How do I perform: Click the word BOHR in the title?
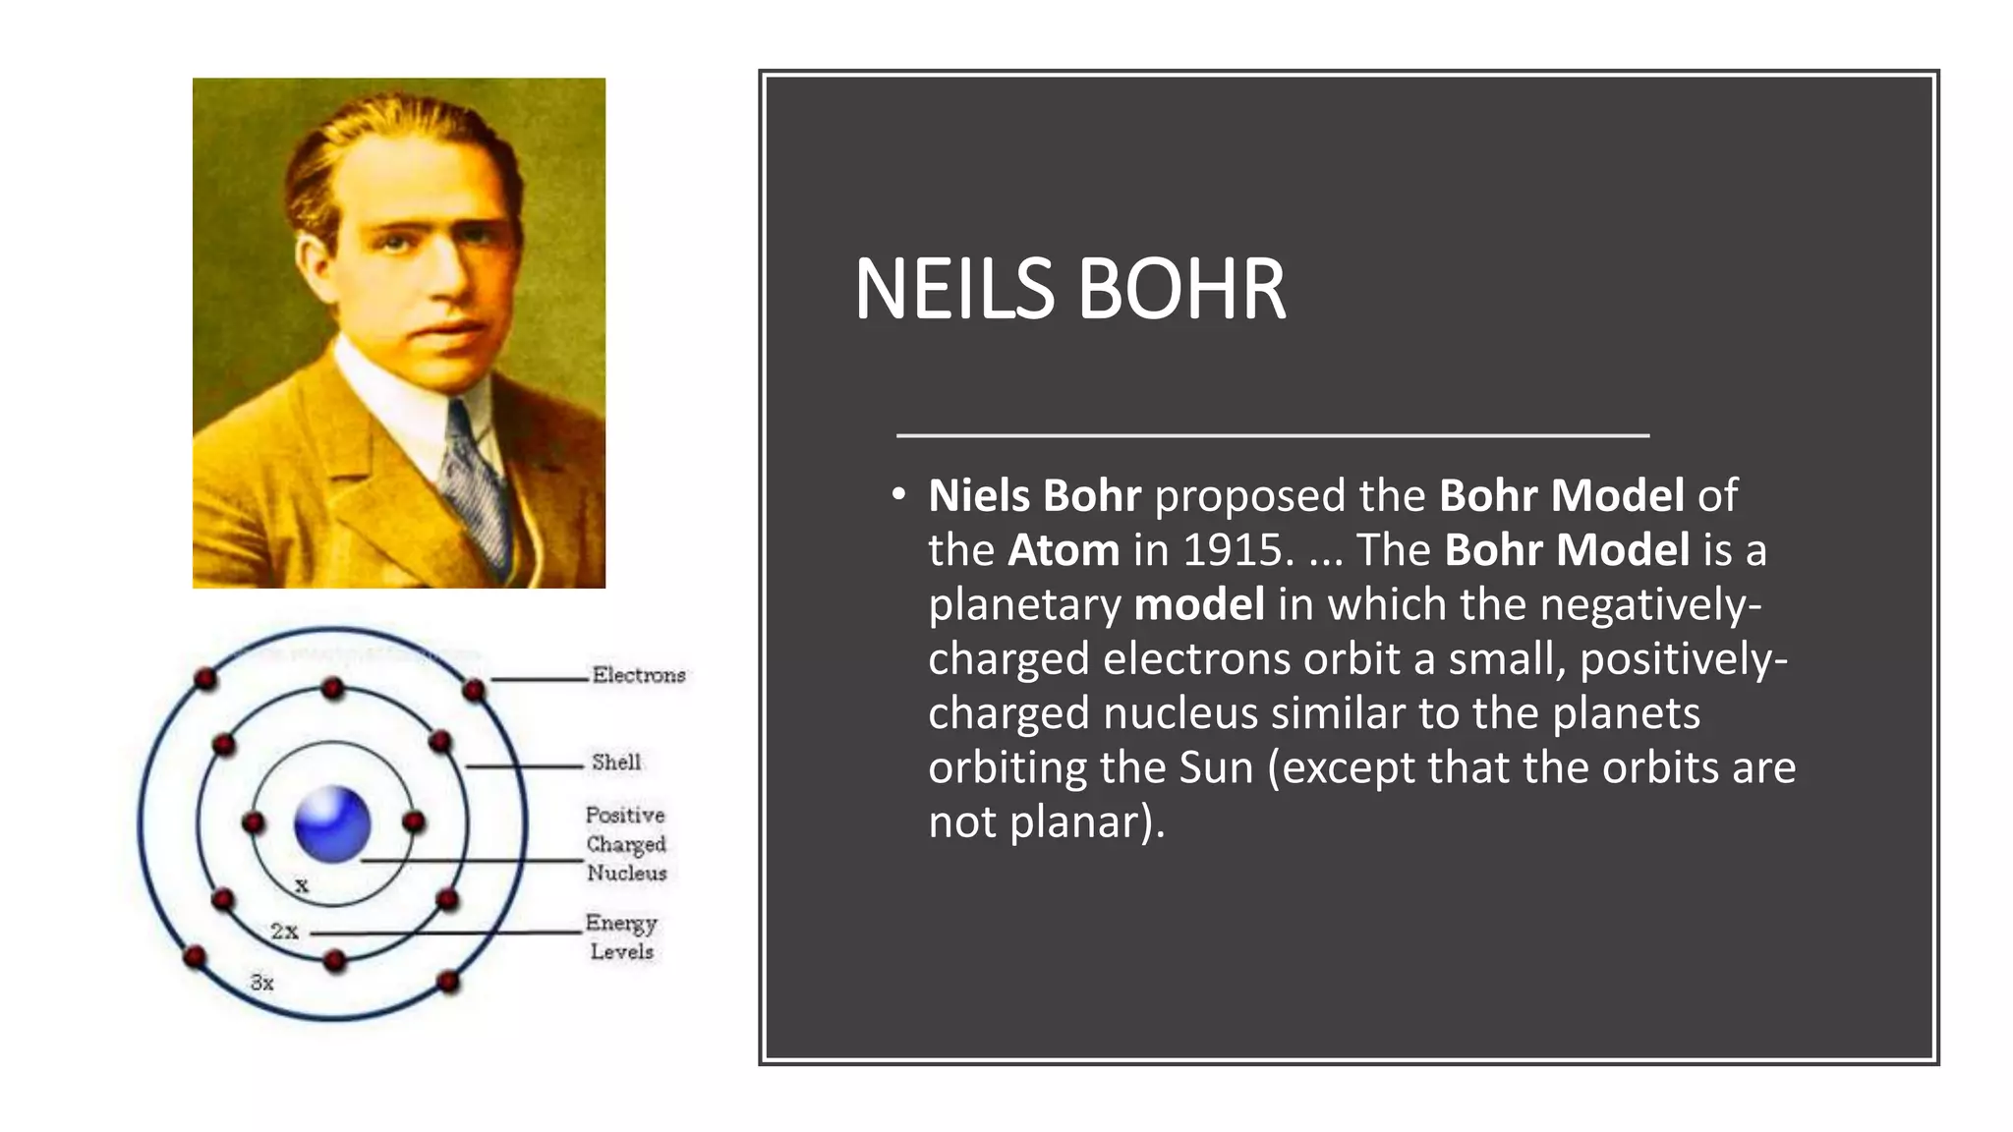coord(1181,290)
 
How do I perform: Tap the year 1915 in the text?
coord(1233,550)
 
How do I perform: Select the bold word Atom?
coord(1063,550)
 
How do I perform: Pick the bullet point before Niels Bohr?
coord(898,495)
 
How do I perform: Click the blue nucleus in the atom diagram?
coord(332,823)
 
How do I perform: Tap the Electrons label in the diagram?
coord(638,675)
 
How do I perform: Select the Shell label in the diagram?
coord(616,763)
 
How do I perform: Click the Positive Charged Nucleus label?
coord(626,844)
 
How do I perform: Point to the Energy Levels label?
coord(621,936)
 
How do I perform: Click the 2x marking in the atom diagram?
coord(284,931)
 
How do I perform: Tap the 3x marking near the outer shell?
coord(261,982)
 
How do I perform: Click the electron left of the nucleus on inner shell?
coord(254,822)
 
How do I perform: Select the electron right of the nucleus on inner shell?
coord(414,821)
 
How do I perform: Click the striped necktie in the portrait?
coord(475,491)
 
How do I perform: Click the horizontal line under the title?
coord(1272,434)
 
